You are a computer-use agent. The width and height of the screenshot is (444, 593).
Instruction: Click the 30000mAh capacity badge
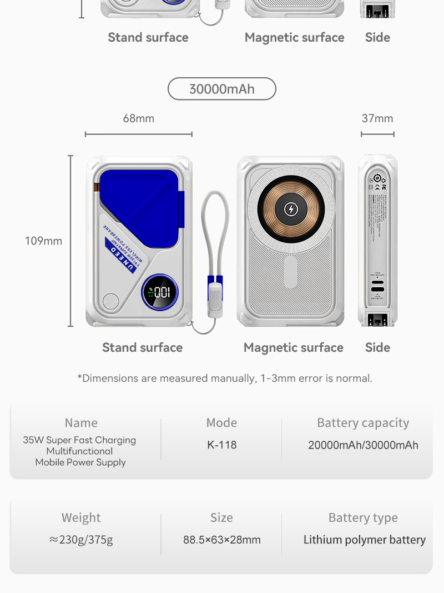pyautogui.click(x=221, y=89)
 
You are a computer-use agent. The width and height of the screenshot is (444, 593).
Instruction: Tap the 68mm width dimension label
pyautogui.click(x=139, y=118)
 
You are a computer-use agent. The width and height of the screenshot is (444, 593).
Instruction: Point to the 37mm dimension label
pyautogui.click(x=377, y=118)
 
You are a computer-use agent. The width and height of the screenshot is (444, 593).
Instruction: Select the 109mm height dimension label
pyautogui.click(x=43, y=241)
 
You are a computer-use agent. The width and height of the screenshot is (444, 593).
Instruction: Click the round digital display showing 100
pyautogui.click(x=160, y=292)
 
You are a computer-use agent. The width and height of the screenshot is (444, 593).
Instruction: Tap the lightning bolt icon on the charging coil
pyautogui.click(x=291, y=209)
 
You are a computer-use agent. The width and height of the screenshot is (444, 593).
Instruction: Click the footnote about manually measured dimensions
pyautogui.click(x=225, y=378)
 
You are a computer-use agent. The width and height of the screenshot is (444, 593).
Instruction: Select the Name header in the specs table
pyautogui.click(x=81, y=423)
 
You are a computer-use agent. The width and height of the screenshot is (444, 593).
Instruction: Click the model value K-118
pyautogui.click(x=221, y=445)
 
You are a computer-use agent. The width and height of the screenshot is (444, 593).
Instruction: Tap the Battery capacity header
pyautogui.click(x=363, y=423)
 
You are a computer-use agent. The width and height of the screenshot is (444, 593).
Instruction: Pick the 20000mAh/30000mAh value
pyautogui.click(x=363, y=445)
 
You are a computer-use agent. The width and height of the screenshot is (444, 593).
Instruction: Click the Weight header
pyautogui.click(x=81, y=518)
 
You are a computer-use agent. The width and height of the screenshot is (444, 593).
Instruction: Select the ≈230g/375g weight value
pyautogui.click(x=81, y=540)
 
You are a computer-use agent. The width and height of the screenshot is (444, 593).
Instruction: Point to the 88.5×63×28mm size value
pyautogui.click(x=221, y=540)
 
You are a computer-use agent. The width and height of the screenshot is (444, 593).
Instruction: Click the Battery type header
pyautogui.click(x=363, y=518)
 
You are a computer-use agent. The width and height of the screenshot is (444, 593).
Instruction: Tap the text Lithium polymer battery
pyautogui.click(x=364, y=540)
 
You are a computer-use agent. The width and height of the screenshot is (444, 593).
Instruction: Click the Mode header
pyautogui.click(x=221, y=423)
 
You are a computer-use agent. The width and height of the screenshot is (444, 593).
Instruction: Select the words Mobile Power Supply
pyautogui.click(x=80, y=462)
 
